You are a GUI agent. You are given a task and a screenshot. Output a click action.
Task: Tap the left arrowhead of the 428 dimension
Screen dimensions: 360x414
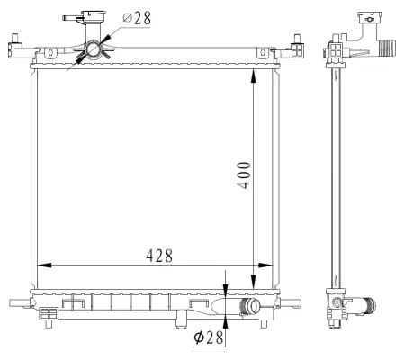click(x=42, y=265)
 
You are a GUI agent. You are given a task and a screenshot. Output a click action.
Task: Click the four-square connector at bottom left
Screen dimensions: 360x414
click(x=49, y=314)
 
